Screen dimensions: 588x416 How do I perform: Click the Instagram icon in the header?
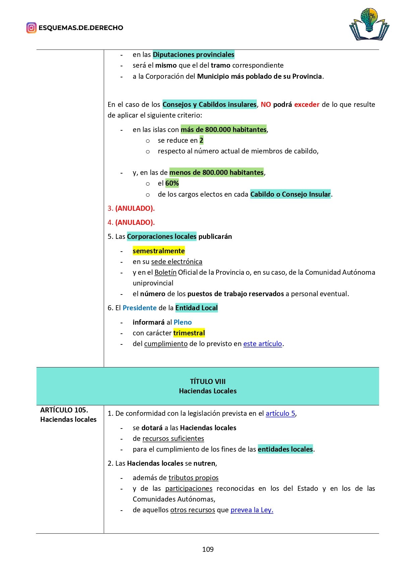pos(31,28)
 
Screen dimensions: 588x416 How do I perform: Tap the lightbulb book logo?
pos(369,24)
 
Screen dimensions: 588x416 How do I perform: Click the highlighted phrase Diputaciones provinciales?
pos(193,55)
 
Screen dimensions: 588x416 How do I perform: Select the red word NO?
pos(265,105)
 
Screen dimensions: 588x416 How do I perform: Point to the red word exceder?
pos(307,105)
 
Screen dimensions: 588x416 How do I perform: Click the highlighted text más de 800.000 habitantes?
pos(224,130)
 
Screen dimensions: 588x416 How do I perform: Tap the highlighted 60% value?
pos(172,183)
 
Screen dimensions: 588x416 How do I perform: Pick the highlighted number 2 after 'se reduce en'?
pos(201,140)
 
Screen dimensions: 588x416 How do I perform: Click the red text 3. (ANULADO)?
pos(131,208)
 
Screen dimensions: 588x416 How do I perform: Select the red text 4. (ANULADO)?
pos(131,222)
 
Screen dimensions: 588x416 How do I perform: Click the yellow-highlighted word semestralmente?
pos(159,251)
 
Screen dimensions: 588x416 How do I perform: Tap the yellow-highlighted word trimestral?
pos(189,333)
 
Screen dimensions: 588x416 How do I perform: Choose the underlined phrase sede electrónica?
pos(177,262)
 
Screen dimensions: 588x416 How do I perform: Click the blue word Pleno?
pos(183,322)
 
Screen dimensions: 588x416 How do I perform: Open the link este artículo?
pos(262,344)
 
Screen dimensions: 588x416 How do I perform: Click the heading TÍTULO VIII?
pos(207,382)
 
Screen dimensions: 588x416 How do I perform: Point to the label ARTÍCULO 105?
pos(64,410)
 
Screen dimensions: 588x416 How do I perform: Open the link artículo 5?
pos(280,413)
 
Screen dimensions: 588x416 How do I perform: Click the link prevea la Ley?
pos(252,510)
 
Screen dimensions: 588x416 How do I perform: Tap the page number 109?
pos(208,549)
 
